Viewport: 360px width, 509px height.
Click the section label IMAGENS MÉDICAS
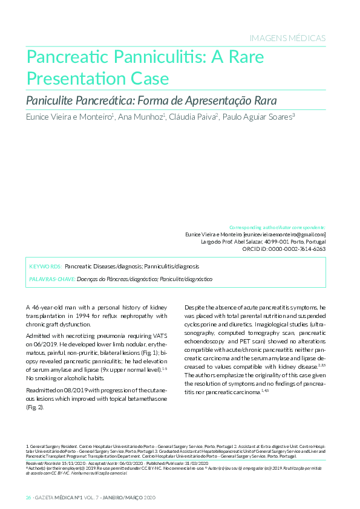[287, 38]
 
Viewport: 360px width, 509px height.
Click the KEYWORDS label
[45, 266]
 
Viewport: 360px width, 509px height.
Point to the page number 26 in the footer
[28, 497]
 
